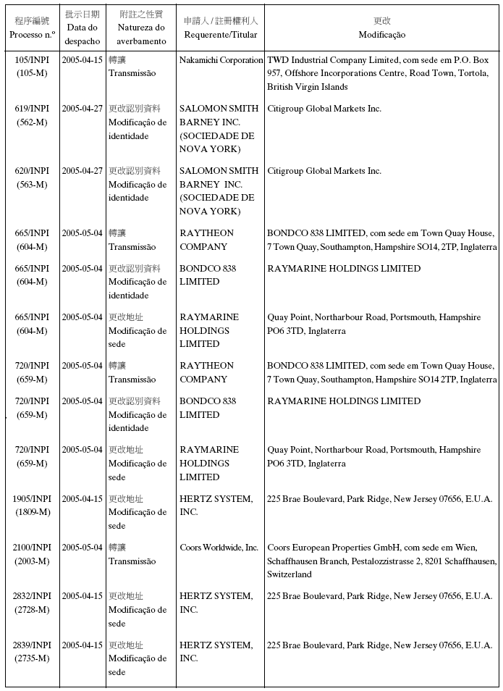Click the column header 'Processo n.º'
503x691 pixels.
32,35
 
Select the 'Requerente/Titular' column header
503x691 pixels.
221,35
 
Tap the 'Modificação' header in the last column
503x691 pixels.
381,35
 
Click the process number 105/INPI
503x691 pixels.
32,60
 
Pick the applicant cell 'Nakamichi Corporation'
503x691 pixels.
221,60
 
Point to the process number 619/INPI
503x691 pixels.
32,109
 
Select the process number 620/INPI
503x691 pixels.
32,171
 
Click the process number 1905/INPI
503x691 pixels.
32,499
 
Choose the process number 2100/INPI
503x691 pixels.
32,548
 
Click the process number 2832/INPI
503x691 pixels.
32,596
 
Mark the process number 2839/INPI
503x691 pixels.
32,645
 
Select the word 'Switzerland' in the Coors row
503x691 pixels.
289,574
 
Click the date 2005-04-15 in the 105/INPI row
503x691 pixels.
82,60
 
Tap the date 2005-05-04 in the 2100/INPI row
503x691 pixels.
82,548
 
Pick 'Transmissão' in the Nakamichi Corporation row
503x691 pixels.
132,73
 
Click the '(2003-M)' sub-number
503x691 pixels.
32,561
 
